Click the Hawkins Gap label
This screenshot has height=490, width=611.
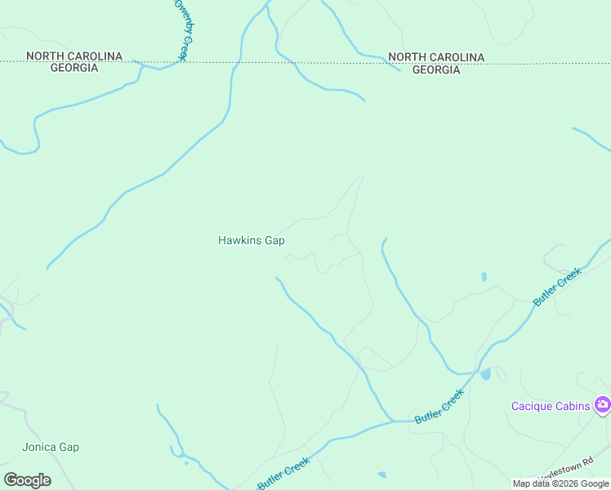click(251, 240)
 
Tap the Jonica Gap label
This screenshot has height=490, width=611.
click(51, 448)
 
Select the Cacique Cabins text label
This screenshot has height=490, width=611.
click(551, 406)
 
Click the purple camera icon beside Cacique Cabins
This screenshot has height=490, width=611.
click(602, 404)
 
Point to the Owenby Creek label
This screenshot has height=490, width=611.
click(180, 29)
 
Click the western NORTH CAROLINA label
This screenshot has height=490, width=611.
click(74, 56)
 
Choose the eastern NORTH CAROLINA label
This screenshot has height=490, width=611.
click(436, 57)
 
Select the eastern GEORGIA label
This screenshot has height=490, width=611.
click(435, 69)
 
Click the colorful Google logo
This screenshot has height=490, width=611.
click(27, 480)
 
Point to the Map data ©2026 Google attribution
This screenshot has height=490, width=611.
click(560, 483)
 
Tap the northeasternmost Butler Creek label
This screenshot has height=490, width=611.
click(557, 287)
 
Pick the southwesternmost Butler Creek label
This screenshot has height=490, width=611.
click(283, 474)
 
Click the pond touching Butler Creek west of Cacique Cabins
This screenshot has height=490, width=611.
click(486, 374)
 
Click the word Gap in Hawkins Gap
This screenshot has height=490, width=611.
click(274, 240)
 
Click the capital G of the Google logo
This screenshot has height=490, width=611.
click(10, 480)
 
